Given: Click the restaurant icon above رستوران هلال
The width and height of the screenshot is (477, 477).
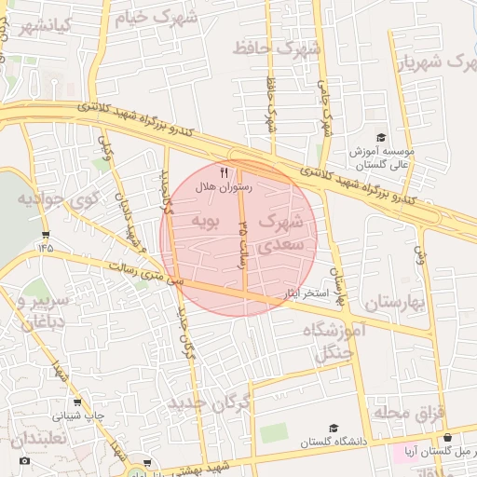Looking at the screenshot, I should click(223, 173).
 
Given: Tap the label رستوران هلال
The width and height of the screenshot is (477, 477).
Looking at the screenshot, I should click(224, 187).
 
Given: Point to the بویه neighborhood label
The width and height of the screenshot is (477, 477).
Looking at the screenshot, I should click(205, 221).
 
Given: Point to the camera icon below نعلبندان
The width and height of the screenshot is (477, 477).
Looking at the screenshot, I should click(24, 460).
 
